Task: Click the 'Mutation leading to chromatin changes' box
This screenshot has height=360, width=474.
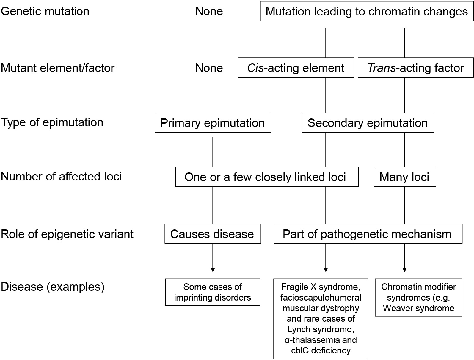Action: (366, 12)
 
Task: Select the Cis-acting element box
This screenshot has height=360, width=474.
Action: (296, 68)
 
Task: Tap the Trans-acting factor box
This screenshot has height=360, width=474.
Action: (415, 68)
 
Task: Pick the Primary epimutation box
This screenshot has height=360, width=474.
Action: (213, 123)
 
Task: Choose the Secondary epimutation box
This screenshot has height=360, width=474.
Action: (368, 123)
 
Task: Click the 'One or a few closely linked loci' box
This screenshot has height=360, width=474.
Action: (266, 177)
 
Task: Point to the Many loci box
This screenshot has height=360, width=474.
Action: (404, 177)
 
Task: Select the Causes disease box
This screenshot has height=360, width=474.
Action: (212, 234)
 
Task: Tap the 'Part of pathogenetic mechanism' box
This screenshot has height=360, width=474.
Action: (368, 234)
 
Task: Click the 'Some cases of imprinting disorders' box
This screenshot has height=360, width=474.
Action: (212, 292)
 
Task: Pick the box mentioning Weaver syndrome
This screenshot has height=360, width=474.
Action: (418, 297)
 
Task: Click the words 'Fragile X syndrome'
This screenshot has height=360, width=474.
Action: (321, 287)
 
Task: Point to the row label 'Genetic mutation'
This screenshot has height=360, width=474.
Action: (45, 11)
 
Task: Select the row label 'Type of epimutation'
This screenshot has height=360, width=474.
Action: (52, 122)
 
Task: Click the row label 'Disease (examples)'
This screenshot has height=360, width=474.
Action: (53, 287)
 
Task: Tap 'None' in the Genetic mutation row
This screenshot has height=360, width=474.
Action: (209, 11)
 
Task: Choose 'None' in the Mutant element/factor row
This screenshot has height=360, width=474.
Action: (209, 68)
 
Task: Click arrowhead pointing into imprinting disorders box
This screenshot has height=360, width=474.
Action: (213, 270)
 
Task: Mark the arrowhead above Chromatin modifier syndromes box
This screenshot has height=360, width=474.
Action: (404, 270)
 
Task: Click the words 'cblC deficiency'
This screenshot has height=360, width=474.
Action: (321, 350)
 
